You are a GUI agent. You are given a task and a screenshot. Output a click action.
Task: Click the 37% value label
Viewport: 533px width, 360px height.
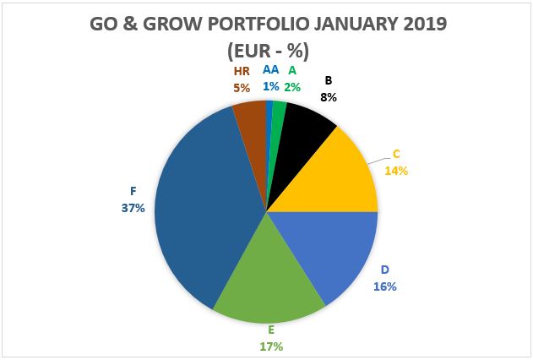pyautogui.click(x=133, y=207)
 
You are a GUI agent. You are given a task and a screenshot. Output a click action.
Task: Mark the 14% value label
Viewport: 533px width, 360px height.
pyautogui.click(x=396, y=170)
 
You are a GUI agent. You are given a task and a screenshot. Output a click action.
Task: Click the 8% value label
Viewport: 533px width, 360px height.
pyautogui.click(x=328, y=97)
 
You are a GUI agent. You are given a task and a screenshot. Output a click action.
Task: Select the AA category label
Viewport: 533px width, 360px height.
pyautogui.click(x=270, y=70)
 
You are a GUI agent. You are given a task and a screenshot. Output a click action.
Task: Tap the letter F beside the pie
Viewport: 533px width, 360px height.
pyautogui.click(x=133, y=192)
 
